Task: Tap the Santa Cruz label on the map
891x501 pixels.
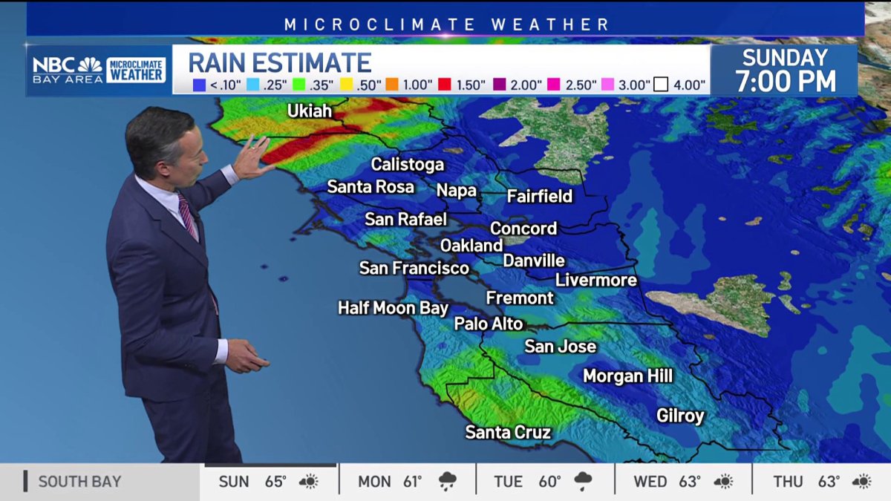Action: [x=508, y=432]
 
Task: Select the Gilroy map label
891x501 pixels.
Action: [x=680, y=416]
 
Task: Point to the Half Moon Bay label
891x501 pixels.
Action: [x=393, y=307]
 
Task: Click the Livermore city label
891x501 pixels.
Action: [x=596, y=280]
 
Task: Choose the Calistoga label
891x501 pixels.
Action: [x=408, y=164]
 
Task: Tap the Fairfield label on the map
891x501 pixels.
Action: [x=540, y=196]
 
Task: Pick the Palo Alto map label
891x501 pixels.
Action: [x=489, y=324]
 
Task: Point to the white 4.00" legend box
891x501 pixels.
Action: [x=661, y=85]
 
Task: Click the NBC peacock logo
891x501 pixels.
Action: [x=90, y=65]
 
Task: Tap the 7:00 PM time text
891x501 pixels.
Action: [x=786, y=82]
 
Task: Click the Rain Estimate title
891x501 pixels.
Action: [x=280, y=62]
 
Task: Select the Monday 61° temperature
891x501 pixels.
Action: [x=411, y=482]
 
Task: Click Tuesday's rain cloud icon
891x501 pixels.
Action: [x=583, y=482]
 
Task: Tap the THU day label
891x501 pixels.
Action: [x=788, y=482]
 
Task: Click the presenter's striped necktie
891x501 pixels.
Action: [x=189, y=217]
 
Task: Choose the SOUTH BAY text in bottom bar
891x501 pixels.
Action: [x=79, y=482]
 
